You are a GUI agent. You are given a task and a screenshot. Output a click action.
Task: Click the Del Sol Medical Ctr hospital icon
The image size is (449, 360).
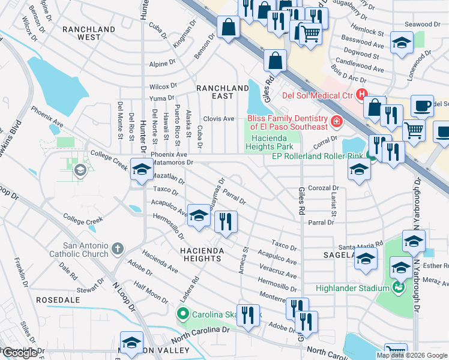coord(362,94)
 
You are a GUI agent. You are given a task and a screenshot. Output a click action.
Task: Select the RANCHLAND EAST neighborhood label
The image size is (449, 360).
coord(222,92)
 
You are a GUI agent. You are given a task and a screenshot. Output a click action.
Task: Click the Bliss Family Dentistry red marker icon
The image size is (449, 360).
coord(337,122)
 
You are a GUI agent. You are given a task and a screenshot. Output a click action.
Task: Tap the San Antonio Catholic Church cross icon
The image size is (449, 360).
coord(118,248)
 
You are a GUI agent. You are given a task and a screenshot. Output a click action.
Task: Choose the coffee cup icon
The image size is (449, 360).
coord(422,106)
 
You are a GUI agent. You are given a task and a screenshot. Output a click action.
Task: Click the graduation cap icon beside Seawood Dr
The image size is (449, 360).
coord(402,43)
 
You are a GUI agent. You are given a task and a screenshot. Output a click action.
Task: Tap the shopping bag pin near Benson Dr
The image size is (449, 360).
coord(229,27)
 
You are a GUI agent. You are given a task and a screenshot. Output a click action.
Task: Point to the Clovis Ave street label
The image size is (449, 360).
coord(218,119)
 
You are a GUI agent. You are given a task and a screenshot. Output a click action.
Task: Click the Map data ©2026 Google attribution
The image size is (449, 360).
coord(411,355)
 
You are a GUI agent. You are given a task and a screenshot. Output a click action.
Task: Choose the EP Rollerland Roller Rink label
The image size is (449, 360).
coord(318,156)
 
